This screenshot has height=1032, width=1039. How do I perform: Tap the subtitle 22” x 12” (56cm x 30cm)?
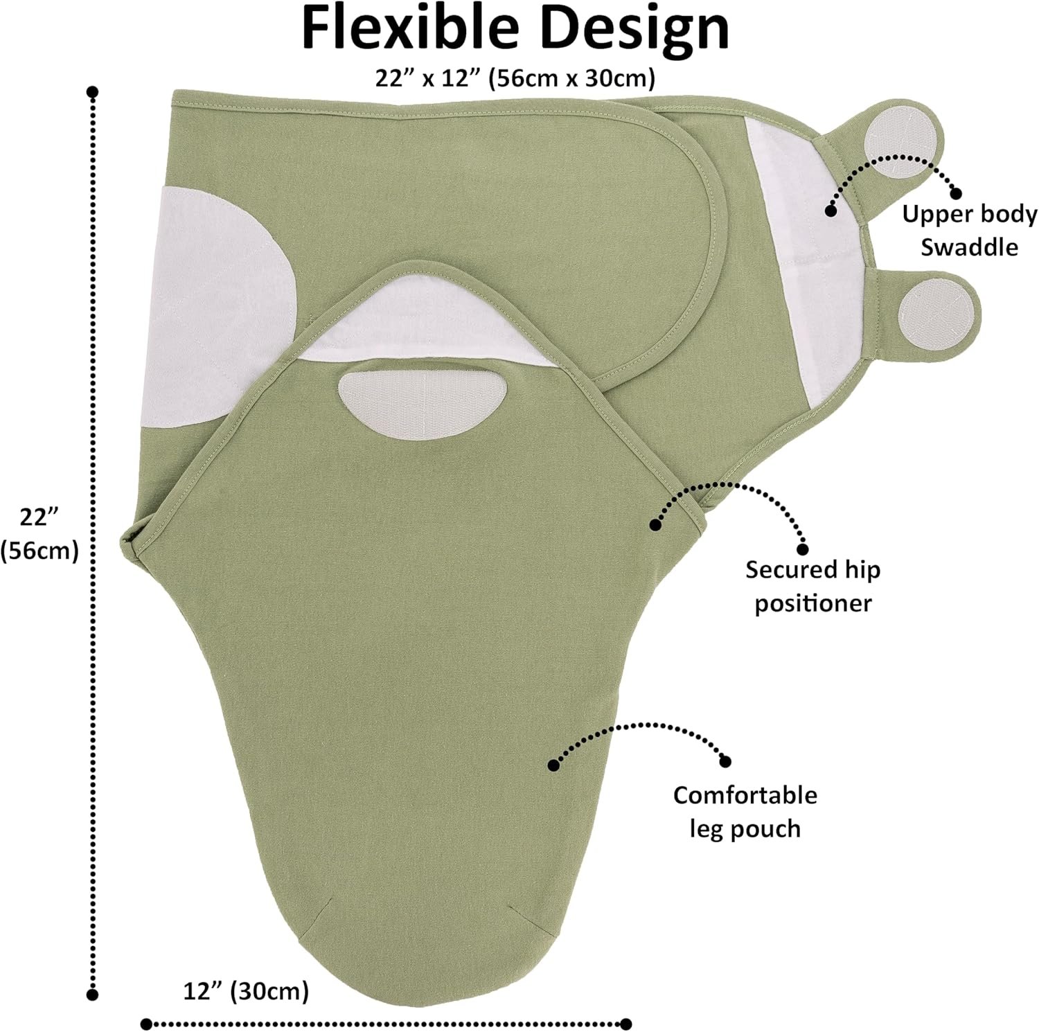pyautogui.click(x=515, y=78)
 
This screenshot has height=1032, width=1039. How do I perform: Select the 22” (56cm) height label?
pyautogui.click(x=39, y=533)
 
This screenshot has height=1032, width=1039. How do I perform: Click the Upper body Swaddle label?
pyautogui.click(x=970, y=230)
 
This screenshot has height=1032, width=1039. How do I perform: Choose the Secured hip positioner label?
pyautogui.click(x=812, y=586)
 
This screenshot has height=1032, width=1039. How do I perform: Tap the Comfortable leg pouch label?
pyautogui.click(x=745, y=811)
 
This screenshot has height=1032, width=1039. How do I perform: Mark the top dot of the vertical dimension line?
pyautogui.click(x=92, y=91)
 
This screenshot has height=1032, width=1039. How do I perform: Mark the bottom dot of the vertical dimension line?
pyautogui.click(x=92, y=995)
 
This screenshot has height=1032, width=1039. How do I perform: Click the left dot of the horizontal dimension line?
pyautogui.click(x=146, y=1024)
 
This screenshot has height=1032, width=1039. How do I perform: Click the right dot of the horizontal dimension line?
pyautogui.click(x=627, y=1024)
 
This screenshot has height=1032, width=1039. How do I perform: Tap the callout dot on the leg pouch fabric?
pyautogui.click(x=553, y=765)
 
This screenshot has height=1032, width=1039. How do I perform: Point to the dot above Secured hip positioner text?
pyautogui.click(x=803, y=549)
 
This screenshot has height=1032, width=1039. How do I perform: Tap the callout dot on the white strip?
pyautogui.click(x=831, y=211)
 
